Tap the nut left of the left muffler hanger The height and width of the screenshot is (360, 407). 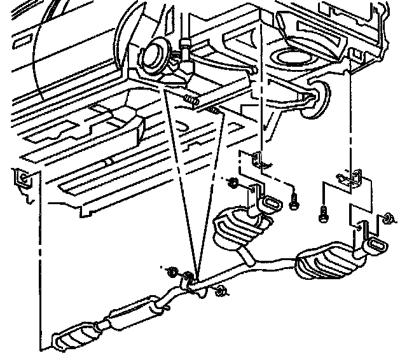click(x=234, y=185)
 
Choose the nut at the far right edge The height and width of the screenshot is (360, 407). click(x=386, y=219)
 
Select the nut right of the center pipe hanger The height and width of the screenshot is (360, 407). click(x=221, y=292)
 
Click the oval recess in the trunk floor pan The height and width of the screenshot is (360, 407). click(x=294, y=59)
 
